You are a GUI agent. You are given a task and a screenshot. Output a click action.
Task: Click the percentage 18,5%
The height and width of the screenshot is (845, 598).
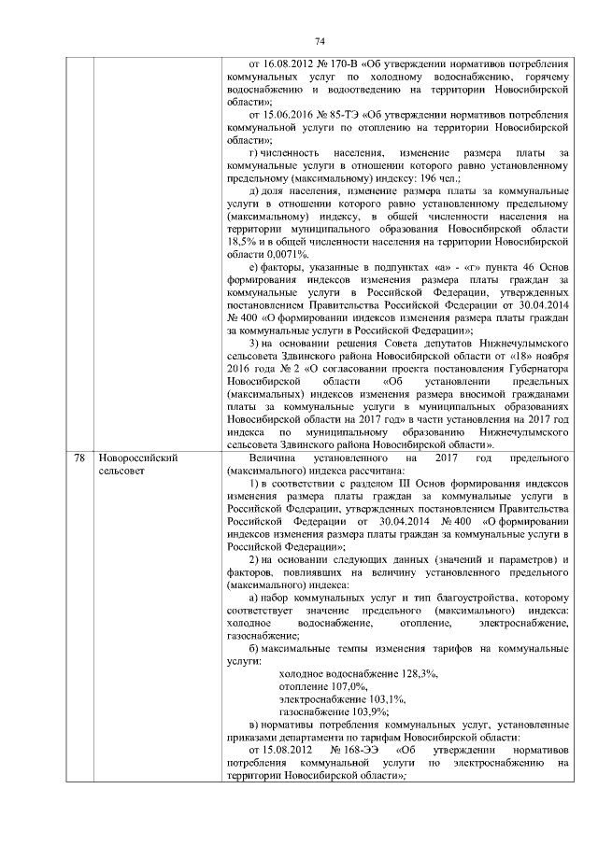point(241,241)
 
